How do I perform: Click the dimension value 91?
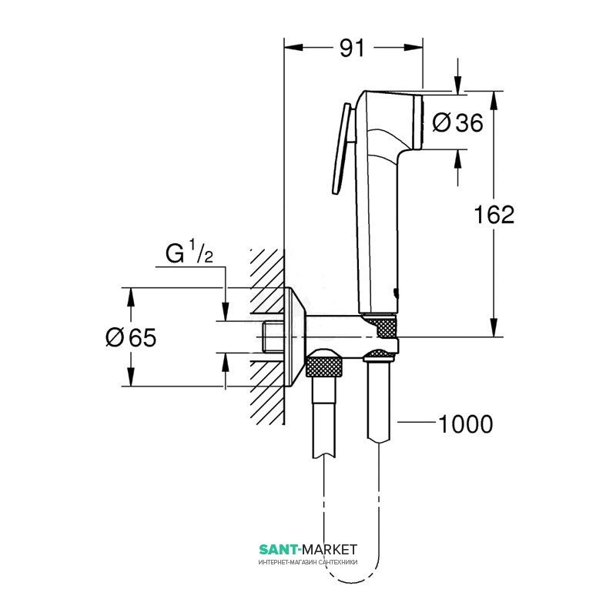pyautogui.click(x=352, y=49)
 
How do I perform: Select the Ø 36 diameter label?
pyautogui.click(x=457, y=122)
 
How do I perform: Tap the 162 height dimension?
pyautogui.click(x=494, y=215)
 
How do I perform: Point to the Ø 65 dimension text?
pyautogui.click(x=131, y=337)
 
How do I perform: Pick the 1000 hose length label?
pyautogui.click(x=465, y=424)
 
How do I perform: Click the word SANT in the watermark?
pyautogui.click(x=276, y=549)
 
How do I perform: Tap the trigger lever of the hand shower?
pyautogui.click(x=342, y=149)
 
